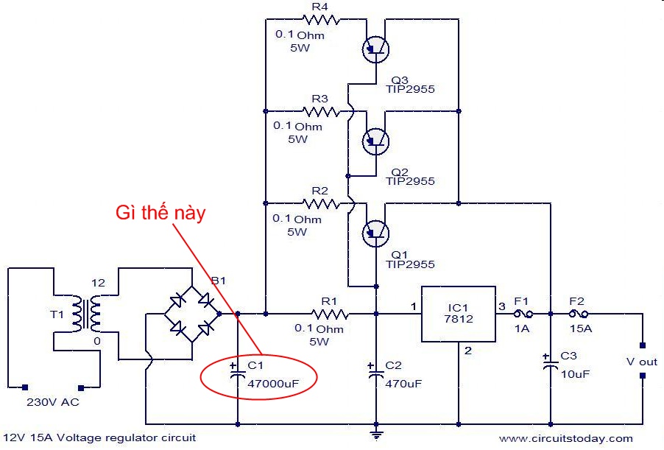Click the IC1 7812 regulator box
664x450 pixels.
tap(458, 314)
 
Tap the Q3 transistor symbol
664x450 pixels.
tap(376, 49)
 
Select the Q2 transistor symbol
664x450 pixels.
tap(376, 140)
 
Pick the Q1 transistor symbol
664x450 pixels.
tap(376, 233)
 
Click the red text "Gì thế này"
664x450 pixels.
tap(160, 214)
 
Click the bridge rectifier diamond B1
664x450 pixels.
tap(192, 314)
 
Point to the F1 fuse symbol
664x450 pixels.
tap(522, 314)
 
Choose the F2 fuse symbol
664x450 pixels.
tap(577, 314)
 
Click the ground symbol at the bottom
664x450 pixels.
tap(376, 435)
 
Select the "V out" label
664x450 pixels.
tap(641, 362)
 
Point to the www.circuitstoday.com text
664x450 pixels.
tap(566, 439)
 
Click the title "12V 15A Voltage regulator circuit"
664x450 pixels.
tap(99, 437)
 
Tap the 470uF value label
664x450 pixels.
tap(403, 383)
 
